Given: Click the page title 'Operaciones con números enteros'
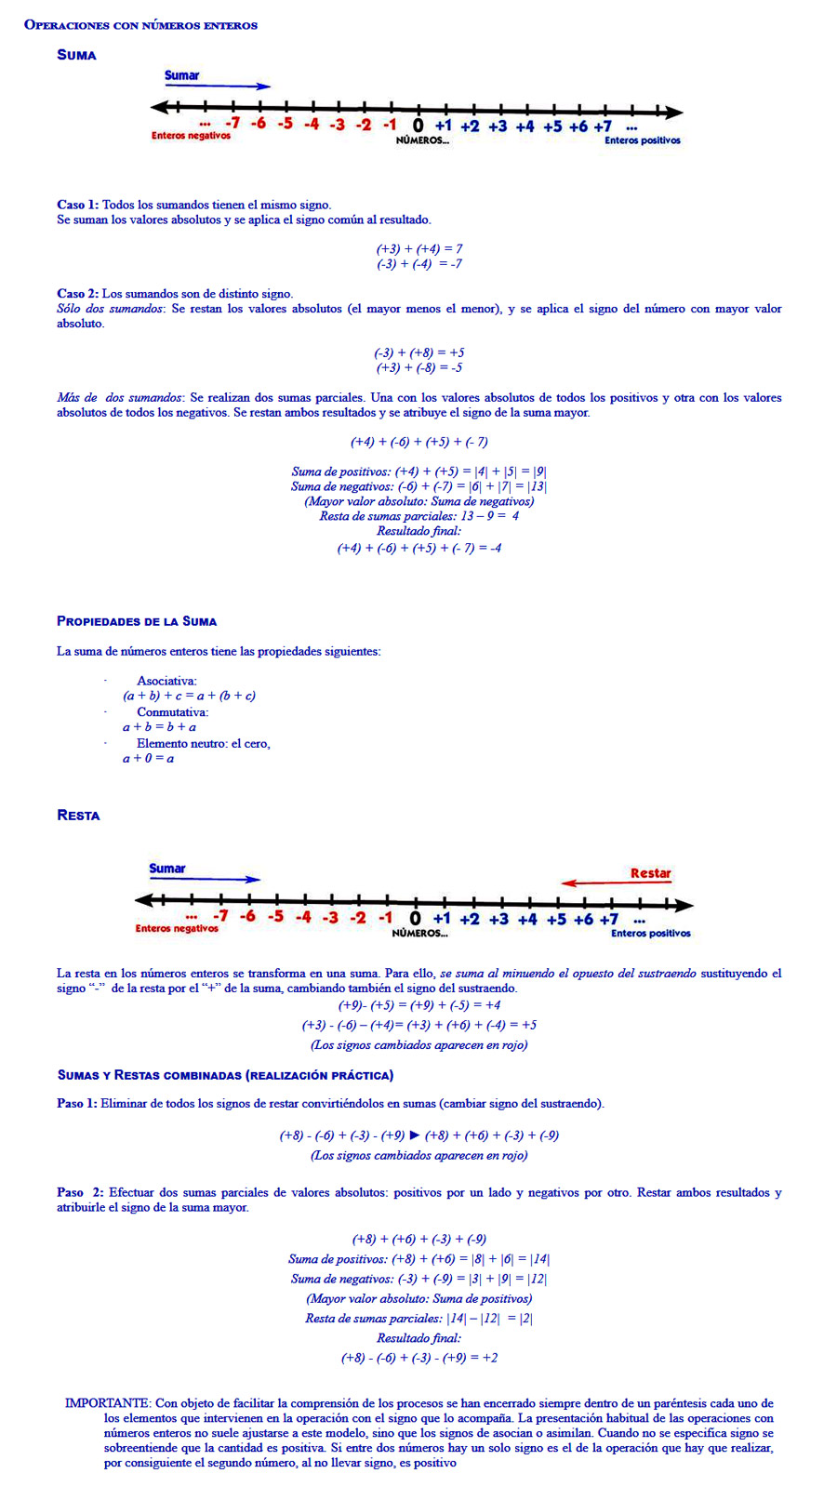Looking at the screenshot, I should [140, 25].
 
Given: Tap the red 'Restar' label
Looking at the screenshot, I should [650, 873].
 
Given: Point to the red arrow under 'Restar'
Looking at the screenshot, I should [615, 883].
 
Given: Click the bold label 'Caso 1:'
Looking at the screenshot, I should [77, 205].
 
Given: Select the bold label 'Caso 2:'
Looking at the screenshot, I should [77, 294].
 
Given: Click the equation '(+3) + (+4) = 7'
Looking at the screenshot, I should [418, 249].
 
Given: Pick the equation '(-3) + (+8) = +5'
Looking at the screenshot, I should [418, 353].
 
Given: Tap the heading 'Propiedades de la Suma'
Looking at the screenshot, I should [137, 621].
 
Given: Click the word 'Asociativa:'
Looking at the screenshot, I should [166, 681].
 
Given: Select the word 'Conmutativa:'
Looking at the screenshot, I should [172, 712].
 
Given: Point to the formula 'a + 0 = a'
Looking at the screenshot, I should [148, 759].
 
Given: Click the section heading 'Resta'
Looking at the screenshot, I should [78, 816].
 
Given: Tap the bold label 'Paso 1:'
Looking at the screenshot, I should [76, 1104].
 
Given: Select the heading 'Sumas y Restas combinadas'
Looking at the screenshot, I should [149, 1075].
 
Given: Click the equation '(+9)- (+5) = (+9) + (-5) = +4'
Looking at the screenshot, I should [418, 1005].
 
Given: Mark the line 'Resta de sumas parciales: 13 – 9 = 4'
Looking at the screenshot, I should [418, 516].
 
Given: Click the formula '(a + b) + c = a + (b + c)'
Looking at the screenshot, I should [189, 696].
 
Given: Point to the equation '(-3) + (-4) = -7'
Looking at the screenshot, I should [418, 264].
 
